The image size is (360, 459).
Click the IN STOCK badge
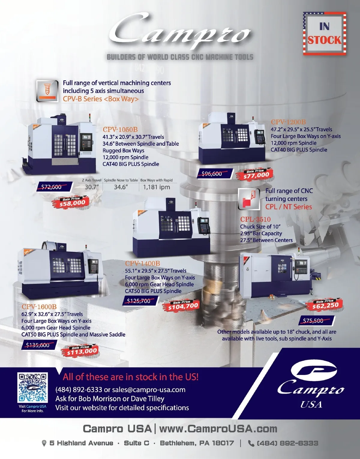pos(325,33)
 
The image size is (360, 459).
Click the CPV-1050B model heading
pos(120,129)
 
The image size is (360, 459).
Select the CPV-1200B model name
pos(288,122)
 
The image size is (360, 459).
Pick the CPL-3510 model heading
pos(255,219)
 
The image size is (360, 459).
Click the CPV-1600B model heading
pos(39,307)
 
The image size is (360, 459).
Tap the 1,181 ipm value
pos(157,187)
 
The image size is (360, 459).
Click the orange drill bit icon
pos(47,91)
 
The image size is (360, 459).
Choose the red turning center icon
pos(249,199)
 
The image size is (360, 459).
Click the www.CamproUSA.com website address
pos(218,429)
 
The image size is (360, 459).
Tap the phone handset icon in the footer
pos(251,443)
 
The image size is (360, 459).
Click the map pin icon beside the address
pos(44,443)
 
